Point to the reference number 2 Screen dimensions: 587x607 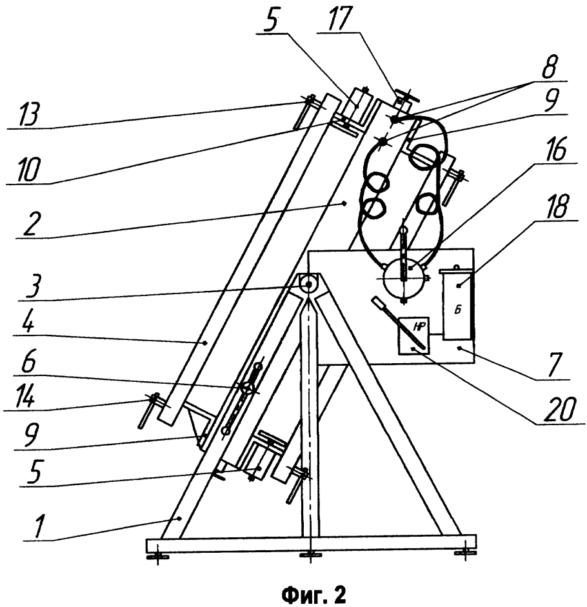30,223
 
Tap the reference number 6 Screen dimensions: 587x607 29,362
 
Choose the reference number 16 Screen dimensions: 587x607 556,150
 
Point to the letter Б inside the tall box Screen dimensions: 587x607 458,310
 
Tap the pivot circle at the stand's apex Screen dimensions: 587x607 308,284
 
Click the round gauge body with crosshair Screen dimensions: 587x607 403,277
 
